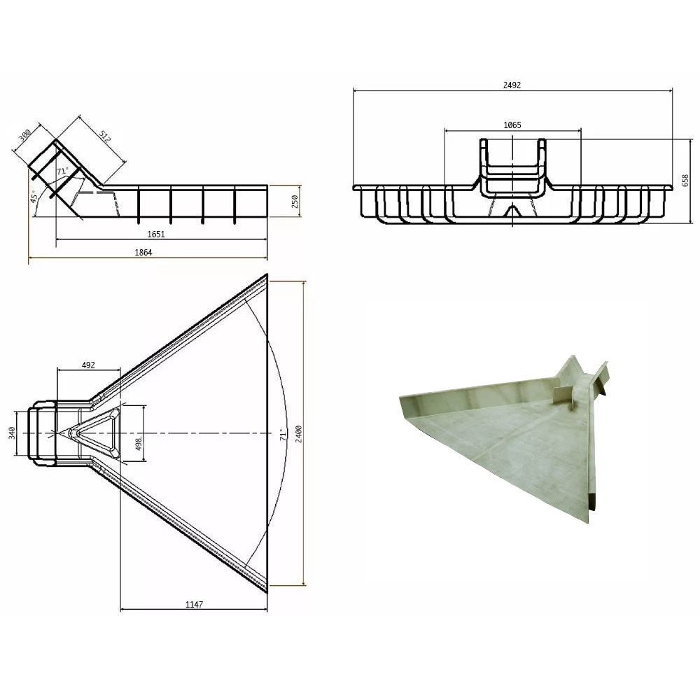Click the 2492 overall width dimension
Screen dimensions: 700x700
[x=512, y=85]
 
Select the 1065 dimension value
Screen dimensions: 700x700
[x=512, y=125]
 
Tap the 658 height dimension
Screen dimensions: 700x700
[x=685, y=181]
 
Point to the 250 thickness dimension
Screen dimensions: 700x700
[x=294, y=202]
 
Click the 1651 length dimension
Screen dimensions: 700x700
[x=156, y=234]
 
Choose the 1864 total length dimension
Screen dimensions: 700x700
[x=143, y=252]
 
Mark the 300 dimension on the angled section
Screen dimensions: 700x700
[x=24, y=135]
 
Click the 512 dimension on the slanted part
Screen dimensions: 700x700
[x=104, y=136]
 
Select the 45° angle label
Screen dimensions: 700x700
[x=33, y=196]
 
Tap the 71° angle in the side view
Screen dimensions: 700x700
[x=62, y=171]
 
